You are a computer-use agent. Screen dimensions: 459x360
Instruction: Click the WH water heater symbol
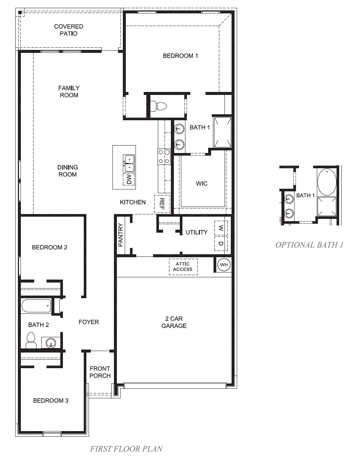click(x=224, y=265)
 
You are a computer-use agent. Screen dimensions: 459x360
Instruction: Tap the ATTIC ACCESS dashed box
click(x=183, y=267)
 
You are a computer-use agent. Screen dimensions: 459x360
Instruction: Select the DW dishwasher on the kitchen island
click(x=129, y=179)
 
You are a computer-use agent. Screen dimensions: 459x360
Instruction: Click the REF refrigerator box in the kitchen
click(x=162, y=204)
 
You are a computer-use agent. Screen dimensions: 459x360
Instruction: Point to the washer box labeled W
click(x=221, y=228)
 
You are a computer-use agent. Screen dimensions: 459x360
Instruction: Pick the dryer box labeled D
click(x=221, y=243)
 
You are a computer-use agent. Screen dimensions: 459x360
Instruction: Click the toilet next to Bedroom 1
click(x=160, y=106)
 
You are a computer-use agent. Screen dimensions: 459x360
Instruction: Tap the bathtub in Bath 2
click(x=36, y=306)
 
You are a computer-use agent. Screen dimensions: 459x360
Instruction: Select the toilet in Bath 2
click(x=31, y=340)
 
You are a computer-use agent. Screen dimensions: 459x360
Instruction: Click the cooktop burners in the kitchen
click(x=164, y=156)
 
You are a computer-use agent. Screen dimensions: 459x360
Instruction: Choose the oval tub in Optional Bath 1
click(x=326, y=182)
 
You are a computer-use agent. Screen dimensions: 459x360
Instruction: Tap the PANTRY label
click(x=120, y=235)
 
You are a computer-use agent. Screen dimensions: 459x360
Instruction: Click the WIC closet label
click(x=202, y=184)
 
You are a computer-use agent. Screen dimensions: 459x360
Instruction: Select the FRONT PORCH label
click(x=100, y=372)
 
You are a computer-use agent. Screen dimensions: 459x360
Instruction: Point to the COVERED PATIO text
click(x=69, y=30)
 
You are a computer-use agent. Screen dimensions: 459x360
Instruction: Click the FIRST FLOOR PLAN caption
click(x=126, y=449)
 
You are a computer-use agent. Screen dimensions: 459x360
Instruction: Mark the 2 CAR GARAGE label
click(x=174, y=322)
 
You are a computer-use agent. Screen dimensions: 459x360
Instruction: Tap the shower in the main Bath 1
click(x=222, y=132)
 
